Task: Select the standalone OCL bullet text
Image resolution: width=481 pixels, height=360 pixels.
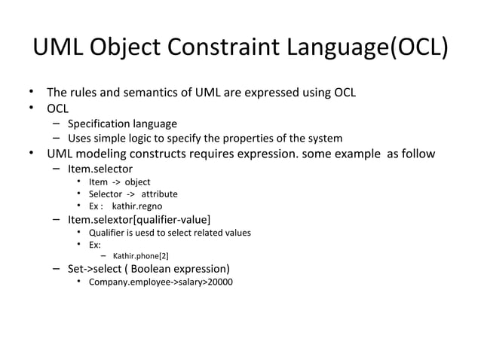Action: click(x=58, y=108)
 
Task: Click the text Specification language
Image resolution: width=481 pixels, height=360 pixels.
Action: click(x=122, y=124)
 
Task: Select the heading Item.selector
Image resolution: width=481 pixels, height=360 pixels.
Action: click(x=100, y=169)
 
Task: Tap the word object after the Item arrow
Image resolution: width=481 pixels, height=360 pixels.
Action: click(x=137, y=182)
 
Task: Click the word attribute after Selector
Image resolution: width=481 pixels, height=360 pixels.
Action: click(x=158, y=194)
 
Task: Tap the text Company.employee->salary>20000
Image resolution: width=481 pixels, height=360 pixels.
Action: click(x=161, y=282)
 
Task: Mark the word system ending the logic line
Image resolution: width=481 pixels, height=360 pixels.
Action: click(x=326, y=139)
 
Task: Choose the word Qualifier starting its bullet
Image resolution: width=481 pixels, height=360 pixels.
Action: click(x=106, y=233)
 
